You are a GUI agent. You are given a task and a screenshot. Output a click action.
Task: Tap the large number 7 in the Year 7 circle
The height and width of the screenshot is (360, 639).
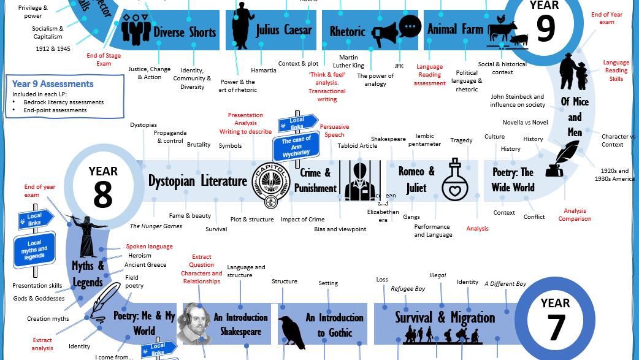(556, 327)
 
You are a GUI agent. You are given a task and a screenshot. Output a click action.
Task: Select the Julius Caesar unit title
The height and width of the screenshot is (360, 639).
(284, 29)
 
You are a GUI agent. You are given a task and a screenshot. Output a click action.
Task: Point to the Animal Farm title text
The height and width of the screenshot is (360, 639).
(455, 29)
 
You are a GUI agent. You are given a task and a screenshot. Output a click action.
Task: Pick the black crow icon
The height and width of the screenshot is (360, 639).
(291, 332)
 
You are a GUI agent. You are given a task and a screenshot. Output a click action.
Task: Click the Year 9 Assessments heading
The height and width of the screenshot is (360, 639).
(53, 84)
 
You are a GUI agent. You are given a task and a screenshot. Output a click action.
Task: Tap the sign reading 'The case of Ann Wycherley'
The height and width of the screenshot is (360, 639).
(296, 147)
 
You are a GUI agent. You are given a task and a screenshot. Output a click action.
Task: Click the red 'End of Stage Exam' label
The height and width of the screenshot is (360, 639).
(104, 59)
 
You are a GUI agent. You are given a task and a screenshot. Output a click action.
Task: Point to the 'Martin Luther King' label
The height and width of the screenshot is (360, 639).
(348, 61)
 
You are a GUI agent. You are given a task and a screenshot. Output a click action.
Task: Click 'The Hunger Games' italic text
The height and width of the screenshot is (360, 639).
(156, 226)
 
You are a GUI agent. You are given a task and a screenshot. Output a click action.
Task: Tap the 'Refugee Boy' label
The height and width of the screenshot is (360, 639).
(408, 289)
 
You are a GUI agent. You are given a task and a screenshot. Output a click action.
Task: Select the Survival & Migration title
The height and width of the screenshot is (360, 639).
(445, 317)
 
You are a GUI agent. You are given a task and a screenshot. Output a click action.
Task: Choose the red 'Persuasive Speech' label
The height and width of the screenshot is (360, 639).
(334, 131)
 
